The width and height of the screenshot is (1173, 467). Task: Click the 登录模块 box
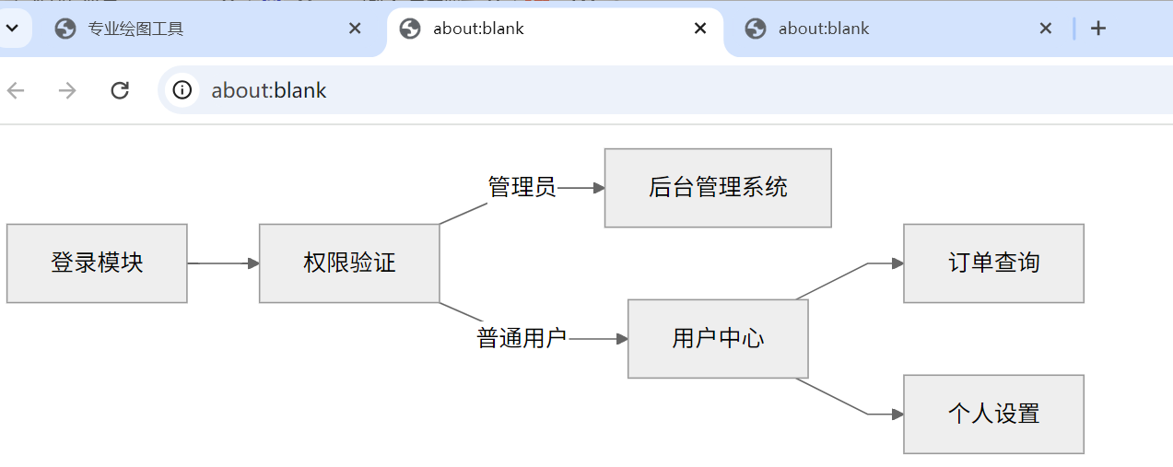click(97, 263)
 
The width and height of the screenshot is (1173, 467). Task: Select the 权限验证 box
click(349, 263)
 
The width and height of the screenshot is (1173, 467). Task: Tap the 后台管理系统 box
click(718, 188)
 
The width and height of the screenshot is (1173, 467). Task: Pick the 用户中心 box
click(718, 339)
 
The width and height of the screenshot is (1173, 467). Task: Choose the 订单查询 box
click(993, 263)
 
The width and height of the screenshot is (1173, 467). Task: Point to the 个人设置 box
click(993, 414)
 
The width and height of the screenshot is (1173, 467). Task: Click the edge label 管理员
click(522, 188)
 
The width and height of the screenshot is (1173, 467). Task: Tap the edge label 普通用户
click(522, 339)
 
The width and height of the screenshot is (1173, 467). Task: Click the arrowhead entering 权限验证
click(253, 263)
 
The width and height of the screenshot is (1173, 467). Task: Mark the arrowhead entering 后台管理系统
click(599, 188)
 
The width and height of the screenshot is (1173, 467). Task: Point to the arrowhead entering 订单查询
click(897, 263)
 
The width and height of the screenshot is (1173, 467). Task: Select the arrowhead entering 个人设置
click(897, 414)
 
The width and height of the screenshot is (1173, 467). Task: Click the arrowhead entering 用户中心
click(622, 339)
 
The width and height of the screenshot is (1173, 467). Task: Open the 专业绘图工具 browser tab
click(135, 29)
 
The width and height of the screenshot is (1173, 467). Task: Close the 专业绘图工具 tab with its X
click(355, 29)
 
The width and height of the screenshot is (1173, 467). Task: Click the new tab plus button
click(1097, 29)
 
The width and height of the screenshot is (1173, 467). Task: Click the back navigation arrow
click(16, 90)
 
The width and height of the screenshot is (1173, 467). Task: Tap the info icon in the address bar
click(182, 90)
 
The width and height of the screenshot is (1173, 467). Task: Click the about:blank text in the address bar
click(269, 90)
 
